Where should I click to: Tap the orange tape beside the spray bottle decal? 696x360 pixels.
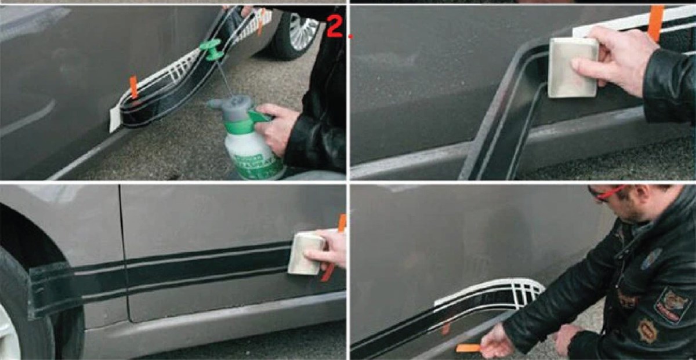133,87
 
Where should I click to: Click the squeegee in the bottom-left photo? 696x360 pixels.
304,253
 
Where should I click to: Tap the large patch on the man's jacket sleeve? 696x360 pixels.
672,304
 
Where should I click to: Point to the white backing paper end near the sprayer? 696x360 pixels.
114,118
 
